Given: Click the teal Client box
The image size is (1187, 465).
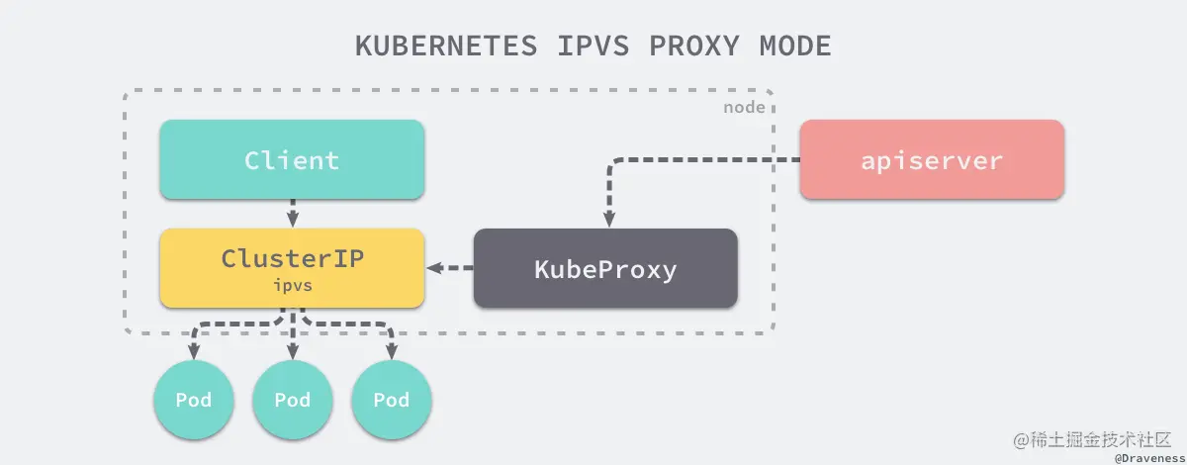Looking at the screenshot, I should pos(292,159).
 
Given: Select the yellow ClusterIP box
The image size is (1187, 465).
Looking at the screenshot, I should pos(292,267).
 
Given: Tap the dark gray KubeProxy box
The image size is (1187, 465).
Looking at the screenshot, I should pos(605,268).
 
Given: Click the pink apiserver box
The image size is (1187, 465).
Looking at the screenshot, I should pos(931,159).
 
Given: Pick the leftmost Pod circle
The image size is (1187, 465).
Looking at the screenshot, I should pos(193,400).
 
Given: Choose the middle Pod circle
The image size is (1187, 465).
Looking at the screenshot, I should pos(293,400).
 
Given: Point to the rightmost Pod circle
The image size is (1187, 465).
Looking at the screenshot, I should pos(392,400).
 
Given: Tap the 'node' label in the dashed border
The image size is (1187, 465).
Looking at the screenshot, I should pos(744,107).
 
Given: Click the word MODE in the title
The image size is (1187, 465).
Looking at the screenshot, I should pos(795,46).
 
